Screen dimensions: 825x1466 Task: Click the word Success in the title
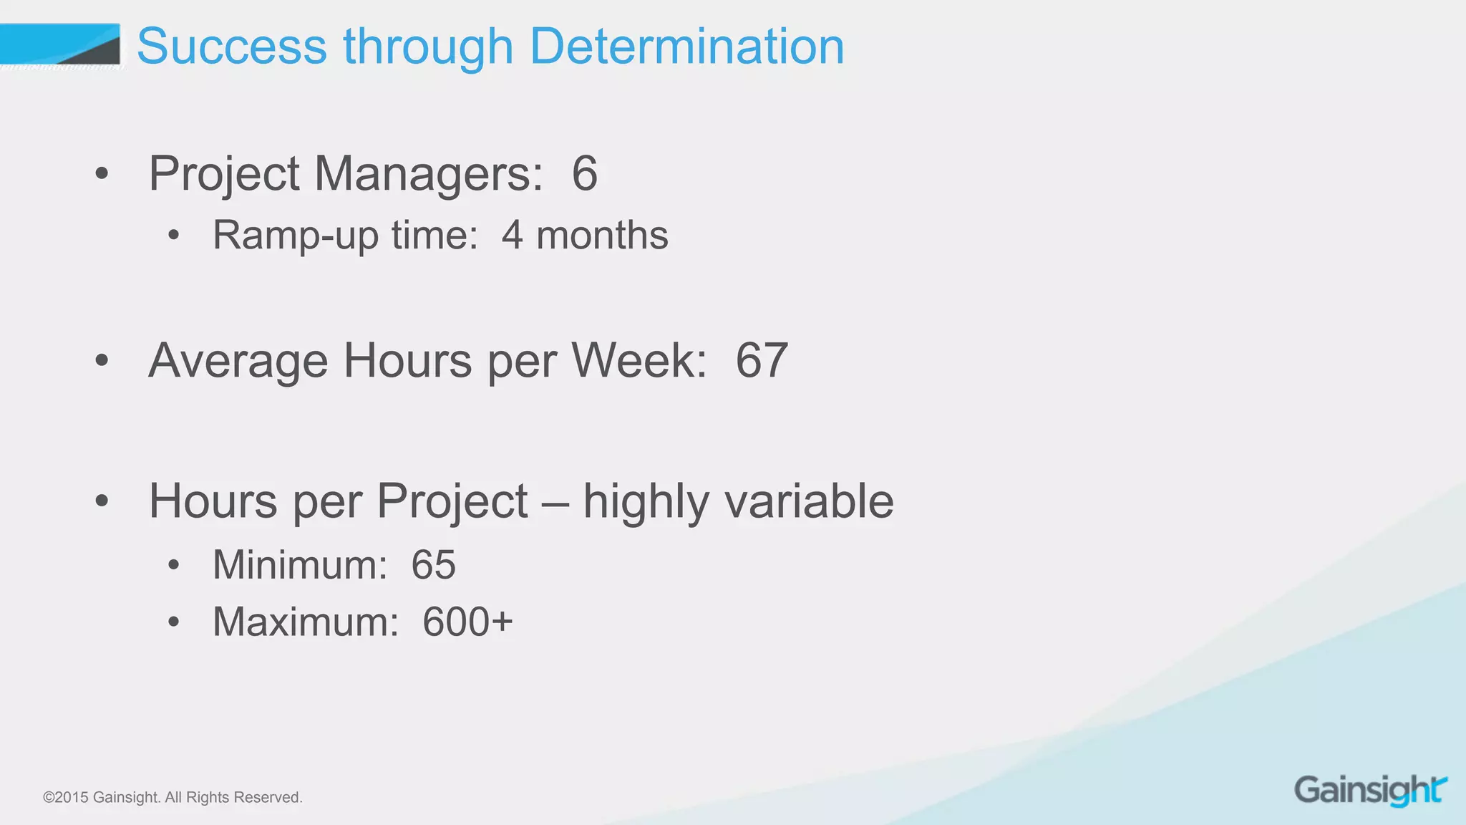[232, 47]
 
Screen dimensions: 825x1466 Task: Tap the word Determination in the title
[686, 47]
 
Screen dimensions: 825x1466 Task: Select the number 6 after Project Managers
[584, 174]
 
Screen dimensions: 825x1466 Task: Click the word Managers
[428, 174]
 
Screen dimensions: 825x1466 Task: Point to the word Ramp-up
[295, 236]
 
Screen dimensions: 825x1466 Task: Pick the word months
[602, 236]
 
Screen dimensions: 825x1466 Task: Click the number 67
[762, 360]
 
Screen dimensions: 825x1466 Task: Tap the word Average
[238, 360]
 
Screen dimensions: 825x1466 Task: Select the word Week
[639, 360]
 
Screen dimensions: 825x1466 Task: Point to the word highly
[646, 502]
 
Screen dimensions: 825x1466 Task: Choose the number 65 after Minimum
[433, 565]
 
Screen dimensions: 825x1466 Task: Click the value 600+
[467, 622]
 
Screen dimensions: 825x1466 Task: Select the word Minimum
[300, 565]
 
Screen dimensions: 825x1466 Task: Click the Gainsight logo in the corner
[1370, 791]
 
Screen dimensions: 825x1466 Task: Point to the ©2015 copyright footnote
[173, 797]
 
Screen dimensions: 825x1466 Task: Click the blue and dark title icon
[61, 45]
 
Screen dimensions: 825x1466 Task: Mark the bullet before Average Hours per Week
[102, 361]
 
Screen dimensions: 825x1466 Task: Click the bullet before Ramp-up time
[173, 236]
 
